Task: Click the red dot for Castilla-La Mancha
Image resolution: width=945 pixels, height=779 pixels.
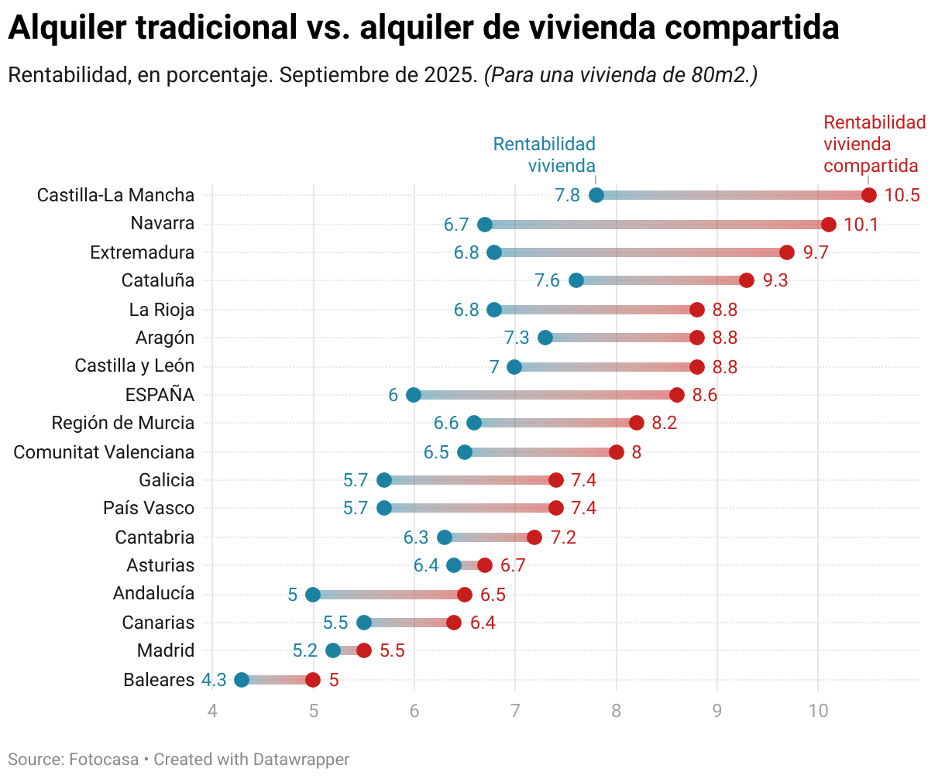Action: point(868,195)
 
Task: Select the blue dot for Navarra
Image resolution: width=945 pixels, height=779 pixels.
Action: point(485,225)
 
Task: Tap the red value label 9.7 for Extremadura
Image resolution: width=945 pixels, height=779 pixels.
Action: point(816,252)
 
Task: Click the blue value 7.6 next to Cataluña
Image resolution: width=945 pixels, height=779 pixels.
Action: point(547,280)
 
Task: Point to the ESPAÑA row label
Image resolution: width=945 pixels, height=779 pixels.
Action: point(160,395)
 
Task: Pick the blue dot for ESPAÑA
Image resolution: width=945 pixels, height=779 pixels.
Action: point(414,395)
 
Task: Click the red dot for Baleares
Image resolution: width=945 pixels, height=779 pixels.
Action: point(313,680)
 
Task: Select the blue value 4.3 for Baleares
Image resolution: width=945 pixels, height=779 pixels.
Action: point(214,680)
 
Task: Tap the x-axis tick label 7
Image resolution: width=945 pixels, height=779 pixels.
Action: point(515,711)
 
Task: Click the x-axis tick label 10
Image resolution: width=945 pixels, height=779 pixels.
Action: point(818,711)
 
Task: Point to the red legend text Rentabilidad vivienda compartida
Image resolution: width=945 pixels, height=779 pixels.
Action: point(874,144)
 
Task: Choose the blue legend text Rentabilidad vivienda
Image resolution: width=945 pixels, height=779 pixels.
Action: point(545,155)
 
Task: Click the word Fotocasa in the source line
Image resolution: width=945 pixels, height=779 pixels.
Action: point(104,760)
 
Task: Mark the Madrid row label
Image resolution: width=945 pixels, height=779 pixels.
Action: point(166,650)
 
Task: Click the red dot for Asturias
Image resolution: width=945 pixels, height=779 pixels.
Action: point(485,565)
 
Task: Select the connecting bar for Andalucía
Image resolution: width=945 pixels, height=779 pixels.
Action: point(389,595)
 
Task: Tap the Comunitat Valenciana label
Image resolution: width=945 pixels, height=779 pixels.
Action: point(104,452)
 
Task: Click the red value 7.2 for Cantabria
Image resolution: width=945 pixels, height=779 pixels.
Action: point(563,537)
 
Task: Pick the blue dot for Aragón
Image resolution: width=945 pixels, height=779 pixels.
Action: point(545,338)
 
